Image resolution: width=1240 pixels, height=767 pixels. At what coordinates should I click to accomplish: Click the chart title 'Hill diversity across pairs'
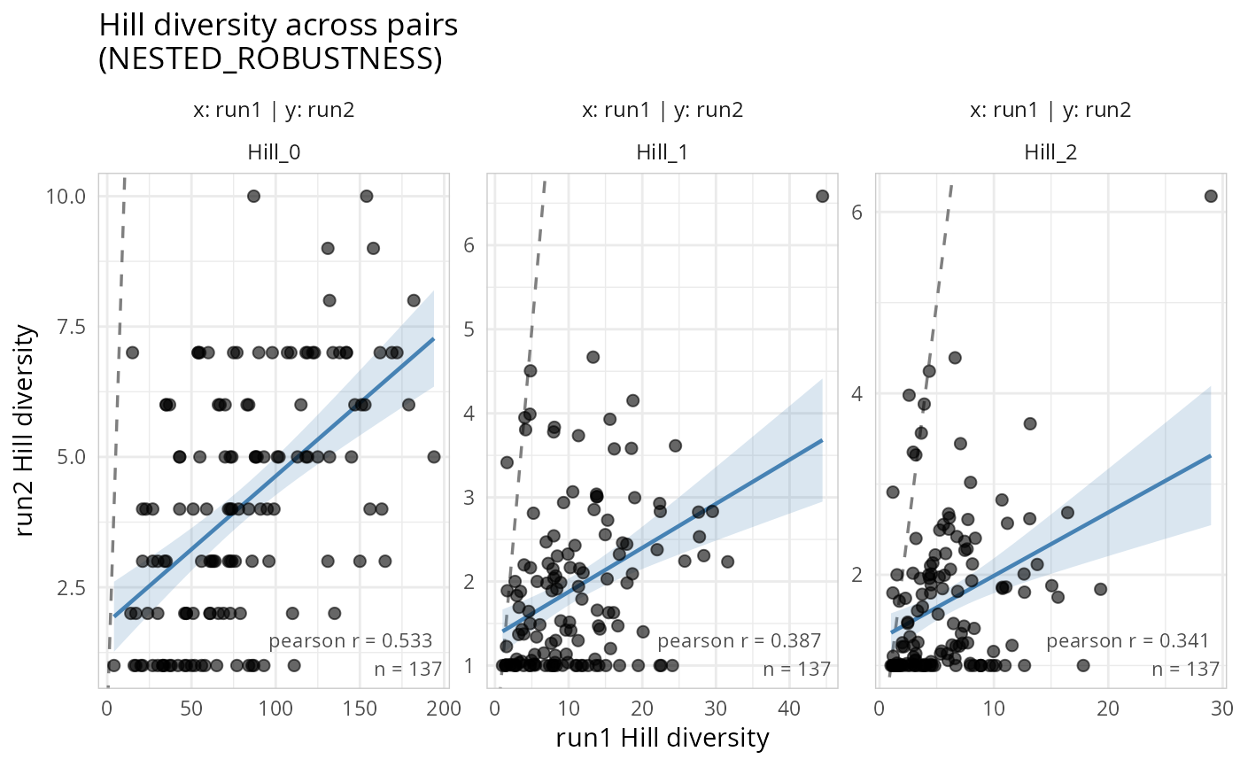278,25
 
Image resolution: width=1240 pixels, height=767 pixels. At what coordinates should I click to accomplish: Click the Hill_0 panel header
274,151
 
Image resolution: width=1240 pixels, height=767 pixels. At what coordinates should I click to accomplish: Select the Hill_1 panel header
662,151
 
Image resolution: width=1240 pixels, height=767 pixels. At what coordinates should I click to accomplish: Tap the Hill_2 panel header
1050,151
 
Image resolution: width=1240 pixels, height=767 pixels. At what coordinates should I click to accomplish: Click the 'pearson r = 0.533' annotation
350,641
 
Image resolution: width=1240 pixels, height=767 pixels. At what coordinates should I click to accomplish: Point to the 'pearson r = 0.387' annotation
740,640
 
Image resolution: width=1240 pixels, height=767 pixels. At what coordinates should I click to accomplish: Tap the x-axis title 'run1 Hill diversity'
662,738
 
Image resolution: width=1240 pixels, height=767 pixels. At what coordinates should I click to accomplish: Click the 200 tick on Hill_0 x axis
444,708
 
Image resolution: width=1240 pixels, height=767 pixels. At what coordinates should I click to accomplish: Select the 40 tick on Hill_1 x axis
788,708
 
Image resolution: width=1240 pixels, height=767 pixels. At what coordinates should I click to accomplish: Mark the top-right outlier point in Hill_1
822,196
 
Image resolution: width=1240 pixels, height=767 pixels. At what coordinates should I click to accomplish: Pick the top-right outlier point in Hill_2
1211,196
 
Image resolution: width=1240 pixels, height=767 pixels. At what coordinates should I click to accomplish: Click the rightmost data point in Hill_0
434,457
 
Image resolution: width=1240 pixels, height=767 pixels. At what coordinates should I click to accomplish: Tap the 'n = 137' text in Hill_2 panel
1185,670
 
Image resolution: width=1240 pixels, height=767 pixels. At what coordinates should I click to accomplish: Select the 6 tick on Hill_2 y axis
858,212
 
